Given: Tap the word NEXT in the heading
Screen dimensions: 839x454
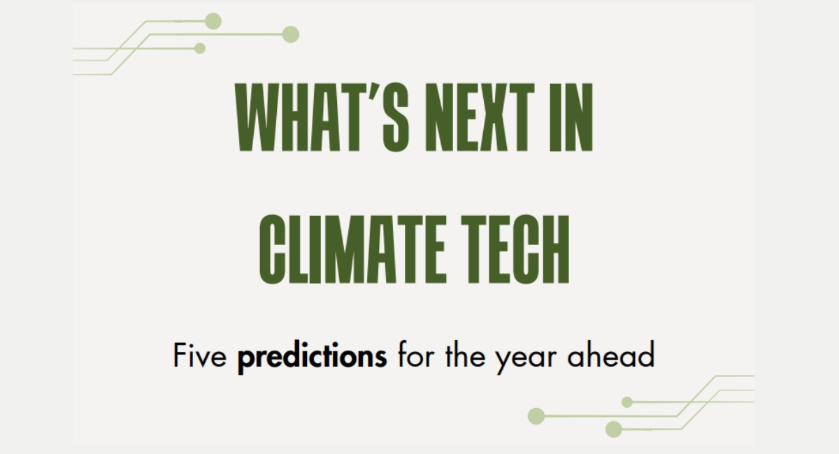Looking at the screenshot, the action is click(x=480, y=117).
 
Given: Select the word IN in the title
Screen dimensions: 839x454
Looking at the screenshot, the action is click(x=571, y=117).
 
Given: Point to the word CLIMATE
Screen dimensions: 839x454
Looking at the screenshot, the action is click(x=352, y=249).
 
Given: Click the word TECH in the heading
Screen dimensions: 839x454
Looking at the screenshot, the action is click(x=515, y=249).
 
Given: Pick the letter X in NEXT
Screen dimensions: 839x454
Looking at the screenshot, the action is click(x=494, y=117).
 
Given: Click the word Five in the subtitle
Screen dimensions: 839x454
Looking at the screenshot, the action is click(x=200, y=355).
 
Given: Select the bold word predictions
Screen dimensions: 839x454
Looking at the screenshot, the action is click(x=312, y=358).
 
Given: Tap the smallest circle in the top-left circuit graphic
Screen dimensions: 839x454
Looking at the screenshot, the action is click(x=200, y=48).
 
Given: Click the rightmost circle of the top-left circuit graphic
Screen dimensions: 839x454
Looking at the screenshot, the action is click(x=290, y=34).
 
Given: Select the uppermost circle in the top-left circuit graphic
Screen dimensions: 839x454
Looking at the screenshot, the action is click(x=213, y=21).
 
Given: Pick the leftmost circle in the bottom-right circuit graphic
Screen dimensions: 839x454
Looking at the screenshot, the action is click(x=536, y=416).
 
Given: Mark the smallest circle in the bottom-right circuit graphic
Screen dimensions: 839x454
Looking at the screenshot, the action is click(x=627, y=402).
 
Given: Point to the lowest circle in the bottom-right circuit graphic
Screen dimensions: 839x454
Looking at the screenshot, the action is click(x=614, y=430).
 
